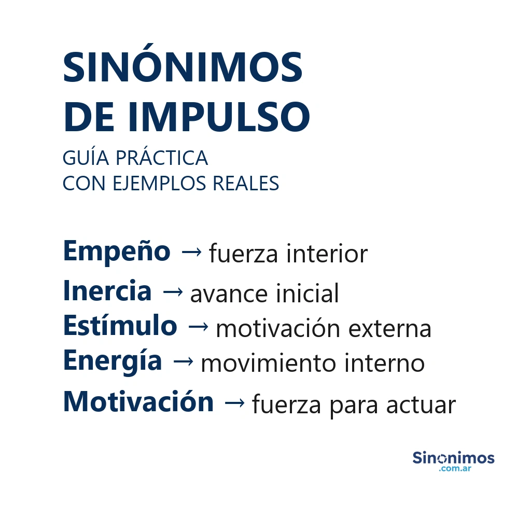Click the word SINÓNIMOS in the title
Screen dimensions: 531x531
pos(183,67)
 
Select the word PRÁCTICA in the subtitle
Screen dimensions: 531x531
pos(162,158)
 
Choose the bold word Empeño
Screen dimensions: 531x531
pos(117,251)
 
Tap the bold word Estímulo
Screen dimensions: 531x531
pos(120,326)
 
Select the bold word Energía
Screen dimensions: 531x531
pos(113,360)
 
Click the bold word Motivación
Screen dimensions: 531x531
pos(138,402)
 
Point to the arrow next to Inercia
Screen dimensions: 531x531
pos(172,292)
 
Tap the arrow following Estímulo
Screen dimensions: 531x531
pos(198,327)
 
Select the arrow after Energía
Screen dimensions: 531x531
pos(183,361)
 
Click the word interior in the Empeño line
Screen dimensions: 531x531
pos(327,254)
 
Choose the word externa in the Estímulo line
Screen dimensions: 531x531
pos(389,329)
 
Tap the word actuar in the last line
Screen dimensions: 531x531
pos(421,406)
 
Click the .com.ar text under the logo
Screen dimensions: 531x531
pos(455,469)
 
